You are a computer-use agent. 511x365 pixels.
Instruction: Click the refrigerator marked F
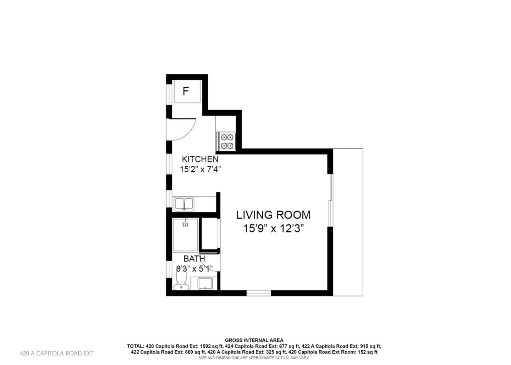pos(185,92)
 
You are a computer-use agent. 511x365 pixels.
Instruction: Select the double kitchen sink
pos(184,204)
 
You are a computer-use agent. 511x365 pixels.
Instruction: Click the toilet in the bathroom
pos(181,280)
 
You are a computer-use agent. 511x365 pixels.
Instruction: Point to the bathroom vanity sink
pos(205,283)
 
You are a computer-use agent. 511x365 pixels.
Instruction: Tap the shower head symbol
pos(185,224)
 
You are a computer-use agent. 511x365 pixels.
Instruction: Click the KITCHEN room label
pos(200,159)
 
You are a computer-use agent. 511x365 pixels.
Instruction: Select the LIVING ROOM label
pos(273,215)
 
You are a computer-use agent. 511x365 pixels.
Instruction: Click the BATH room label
pos(194,259)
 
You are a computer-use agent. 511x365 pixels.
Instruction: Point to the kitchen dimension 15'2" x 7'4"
pos(200,169)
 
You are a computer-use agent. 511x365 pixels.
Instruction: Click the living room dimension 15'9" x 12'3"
pos(273,228)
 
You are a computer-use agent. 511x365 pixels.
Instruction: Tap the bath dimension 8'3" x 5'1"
pos(194,269)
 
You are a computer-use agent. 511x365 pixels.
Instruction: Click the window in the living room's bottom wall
pos(259,293)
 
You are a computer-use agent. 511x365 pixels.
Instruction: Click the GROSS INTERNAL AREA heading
pos(254,340)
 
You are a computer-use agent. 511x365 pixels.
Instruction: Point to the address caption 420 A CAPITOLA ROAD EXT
pos(57,353)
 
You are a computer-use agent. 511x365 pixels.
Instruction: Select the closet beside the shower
pos(210,234)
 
